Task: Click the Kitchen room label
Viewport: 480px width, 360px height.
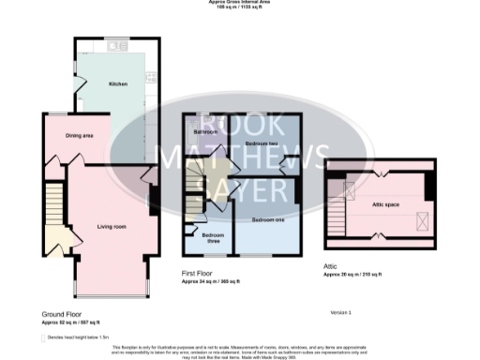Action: coord(118,83)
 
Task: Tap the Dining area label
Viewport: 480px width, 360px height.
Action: coord(79,135)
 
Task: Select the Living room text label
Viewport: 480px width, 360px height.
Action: coord(112,226)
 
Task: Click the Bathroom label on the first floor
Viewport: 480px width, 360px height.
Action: coord(205,132)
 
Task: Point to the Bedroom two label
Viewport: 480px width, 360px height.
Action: coord(258,142)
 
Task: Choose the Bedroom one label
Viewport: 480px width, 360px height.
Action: coord(268,219)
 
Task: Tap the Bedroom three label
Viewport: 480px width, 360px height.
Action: coord(214,237)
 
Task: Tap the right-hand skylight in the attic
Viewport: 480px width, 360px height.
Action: coord(423,220)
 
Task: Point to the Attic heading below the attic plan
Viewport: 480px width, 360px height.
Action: coord(332,265)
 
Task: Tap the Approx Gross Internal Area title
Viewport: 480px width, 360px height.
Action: coord(240,3)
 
